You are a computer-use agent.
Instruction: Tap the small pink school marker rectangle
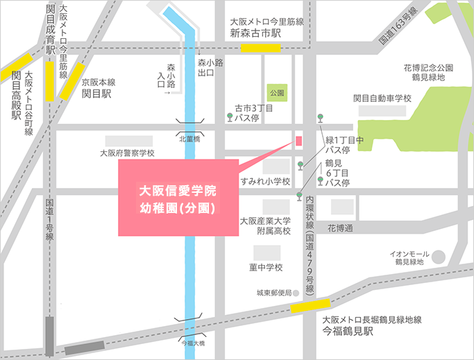pyautogui.click(x=299, y=141)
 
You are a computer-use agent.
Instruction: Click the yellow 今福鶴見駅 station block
pyautogui.click(x=310, y=305)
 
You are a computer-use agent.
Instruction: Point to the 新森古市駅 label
pyautogui.click(x=256, y=33)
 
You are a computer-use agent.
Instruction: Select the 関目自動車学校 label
pyautogui.click(x=382, y=98)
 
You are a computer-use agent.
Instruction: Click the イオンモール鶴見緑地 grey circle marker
pyautogui.click(x=439, y=257)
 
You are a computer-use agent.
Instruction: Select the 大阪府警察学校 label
pyautogui.click(x=127, y=153)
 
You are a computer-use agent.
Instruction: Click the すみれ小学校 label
pyautogui.click(x=265, y=182)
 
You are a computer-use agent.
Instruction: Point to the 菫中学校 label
pyautogui.click(x=266, y=268)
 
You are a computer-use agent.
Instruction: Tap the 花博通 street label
pyautogui.click(x=341, y=228)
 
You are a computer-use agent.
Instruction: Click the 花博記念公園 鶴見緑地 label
pyautogui.click(x=428, y=72)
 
